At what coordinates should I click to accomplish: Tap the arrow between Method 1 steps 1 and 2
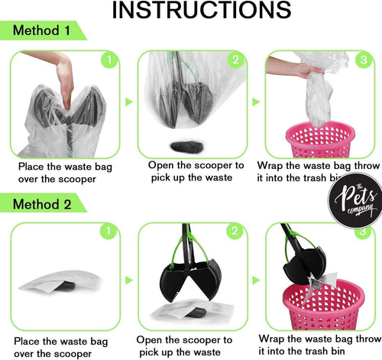128,101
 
